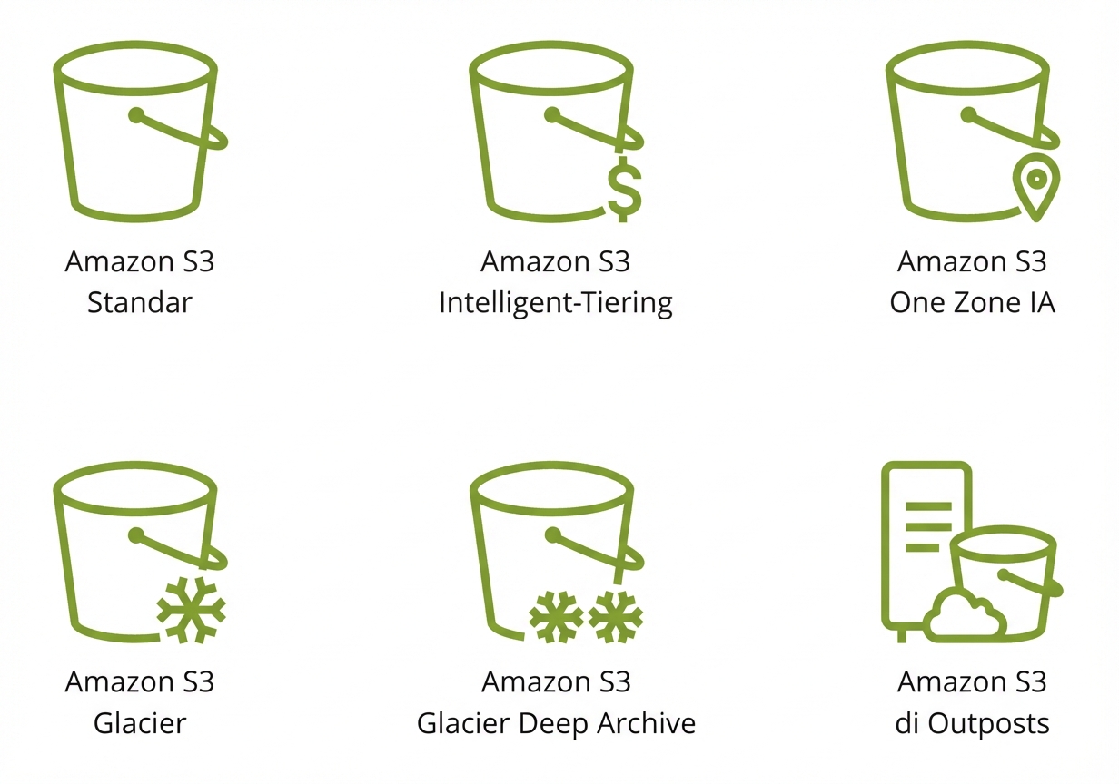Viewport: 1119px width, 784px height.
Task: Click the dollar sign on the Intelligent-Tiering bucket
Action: click(x=625, y=189)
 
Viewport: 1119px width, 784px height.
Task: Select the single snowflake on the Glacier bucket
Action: click(x=192, y=610)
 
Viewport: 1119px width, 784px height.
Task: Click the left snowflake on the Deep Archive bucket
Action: click(x=556, y=617)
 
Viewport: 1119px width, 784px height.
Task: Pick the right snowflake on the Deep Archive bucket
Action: click(x=616, y=617)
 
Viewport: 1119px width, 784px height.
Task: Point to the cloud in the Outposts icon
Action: click(x=965, y=616)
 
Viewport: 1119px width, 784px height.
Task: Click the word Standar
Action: click(x=140, y=302)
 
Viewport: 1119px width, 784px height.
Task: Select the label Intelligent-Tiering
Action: click(x=556, y=303)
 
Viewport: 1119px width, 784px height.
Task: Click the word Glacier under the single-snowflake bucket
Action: click(x=140, y=723)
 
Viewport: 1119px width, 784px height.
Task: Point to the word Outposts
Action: click(x=988, y=724)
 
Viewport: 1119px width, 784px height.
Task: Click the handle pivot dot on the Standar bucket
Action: click(x=136, y=115)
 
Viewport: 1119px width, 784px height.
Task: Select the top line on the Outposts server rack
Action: click(x=928, y=506)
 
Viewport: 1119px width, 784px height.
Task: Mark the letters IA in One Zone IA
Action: click(x=1042, y=302)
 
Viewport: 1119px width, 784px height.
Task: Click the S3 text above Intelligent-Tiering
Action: click(x=614, y=261)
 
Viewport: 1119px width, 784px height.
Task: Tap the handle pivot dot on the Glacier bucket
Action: click(x=136, y=535)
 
